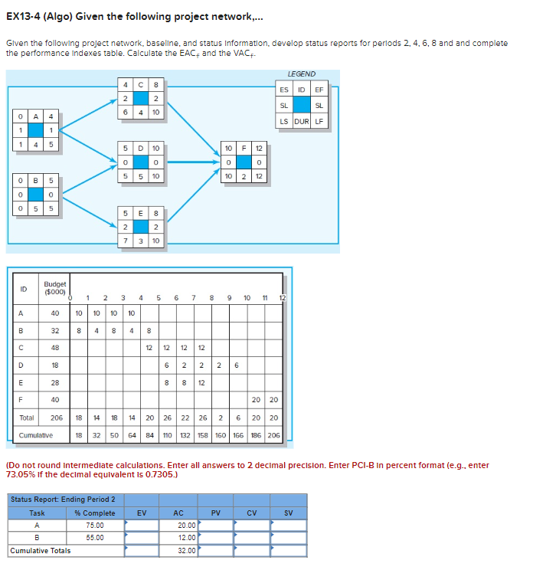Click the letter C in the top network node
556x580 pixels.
point(140,84)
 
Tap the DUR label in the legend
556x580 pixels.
point(301,121)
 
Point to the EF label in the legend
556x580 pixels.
point(319,90)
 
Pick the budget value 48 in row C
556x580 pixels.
point(54,349)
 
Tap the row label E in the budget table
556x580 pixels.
point(23,382)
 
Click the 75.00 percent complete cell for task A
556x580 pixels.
point(95,525)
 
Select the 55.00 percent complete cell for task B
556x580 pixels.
point(95,537)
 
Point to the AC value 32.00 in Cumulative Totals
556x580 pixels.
point(185,550)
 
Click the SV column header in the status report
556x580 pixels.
point(288,513)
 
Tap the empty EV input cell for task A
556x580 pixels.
point(142,525)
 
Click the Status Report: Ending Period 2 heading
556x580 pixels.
point(63,500)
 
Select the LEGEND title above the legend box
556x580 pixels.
point(301,74)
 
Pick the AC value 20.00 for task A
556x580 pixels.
point(185,525)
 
